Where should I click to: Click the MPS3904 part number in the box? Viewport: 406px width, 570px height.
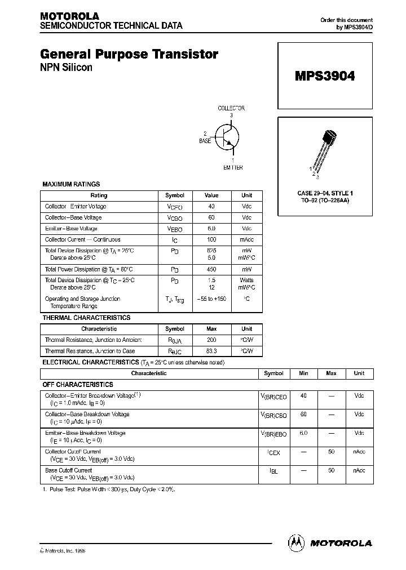[325, 76]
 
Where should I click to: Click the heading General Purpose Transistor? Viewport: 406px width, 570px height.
[129, 55]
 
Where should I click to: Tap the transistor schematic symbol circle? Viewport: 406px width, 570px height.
[227, 137]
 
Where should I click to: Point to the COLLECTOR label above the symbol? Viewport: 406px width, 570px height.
[231, 108]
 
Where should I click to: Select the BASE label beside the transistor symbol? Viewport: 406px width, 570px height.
[205, 141]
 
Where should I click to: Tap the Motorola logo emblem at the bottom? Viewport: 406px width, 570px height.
[296, 542]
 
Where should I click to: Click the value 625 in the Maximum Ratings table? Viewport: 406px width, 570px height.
[211, 250]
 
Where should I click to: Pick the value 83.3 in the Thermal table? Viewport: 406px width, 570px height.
[211, 351]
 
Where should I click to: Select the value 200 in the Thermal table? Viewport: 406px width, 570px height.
[211, 340]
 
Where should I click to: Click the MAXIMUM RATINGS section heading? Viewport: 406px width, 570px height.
[71, 184]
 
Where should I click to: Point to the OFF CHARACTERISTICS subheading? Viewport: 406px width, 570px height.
[78, 385]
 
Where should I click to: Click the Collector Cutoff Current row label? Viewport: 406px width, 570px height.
[73, 452]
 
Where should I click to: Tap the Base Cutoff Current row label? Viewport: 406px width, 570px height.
[68, 470]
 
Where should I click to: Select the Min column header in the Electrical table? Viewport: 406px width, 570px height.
[303, 373]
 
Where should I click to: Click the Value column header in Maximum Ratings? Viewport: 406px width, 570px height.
[211, 195]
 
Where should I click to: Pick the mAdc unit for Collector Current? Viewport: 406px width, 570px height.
[247, 240]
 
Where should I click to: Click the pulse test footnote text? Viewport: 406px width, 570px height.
[108, 489]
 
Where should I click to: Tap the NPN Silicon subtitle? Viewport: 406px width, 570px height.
[66, 68]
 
